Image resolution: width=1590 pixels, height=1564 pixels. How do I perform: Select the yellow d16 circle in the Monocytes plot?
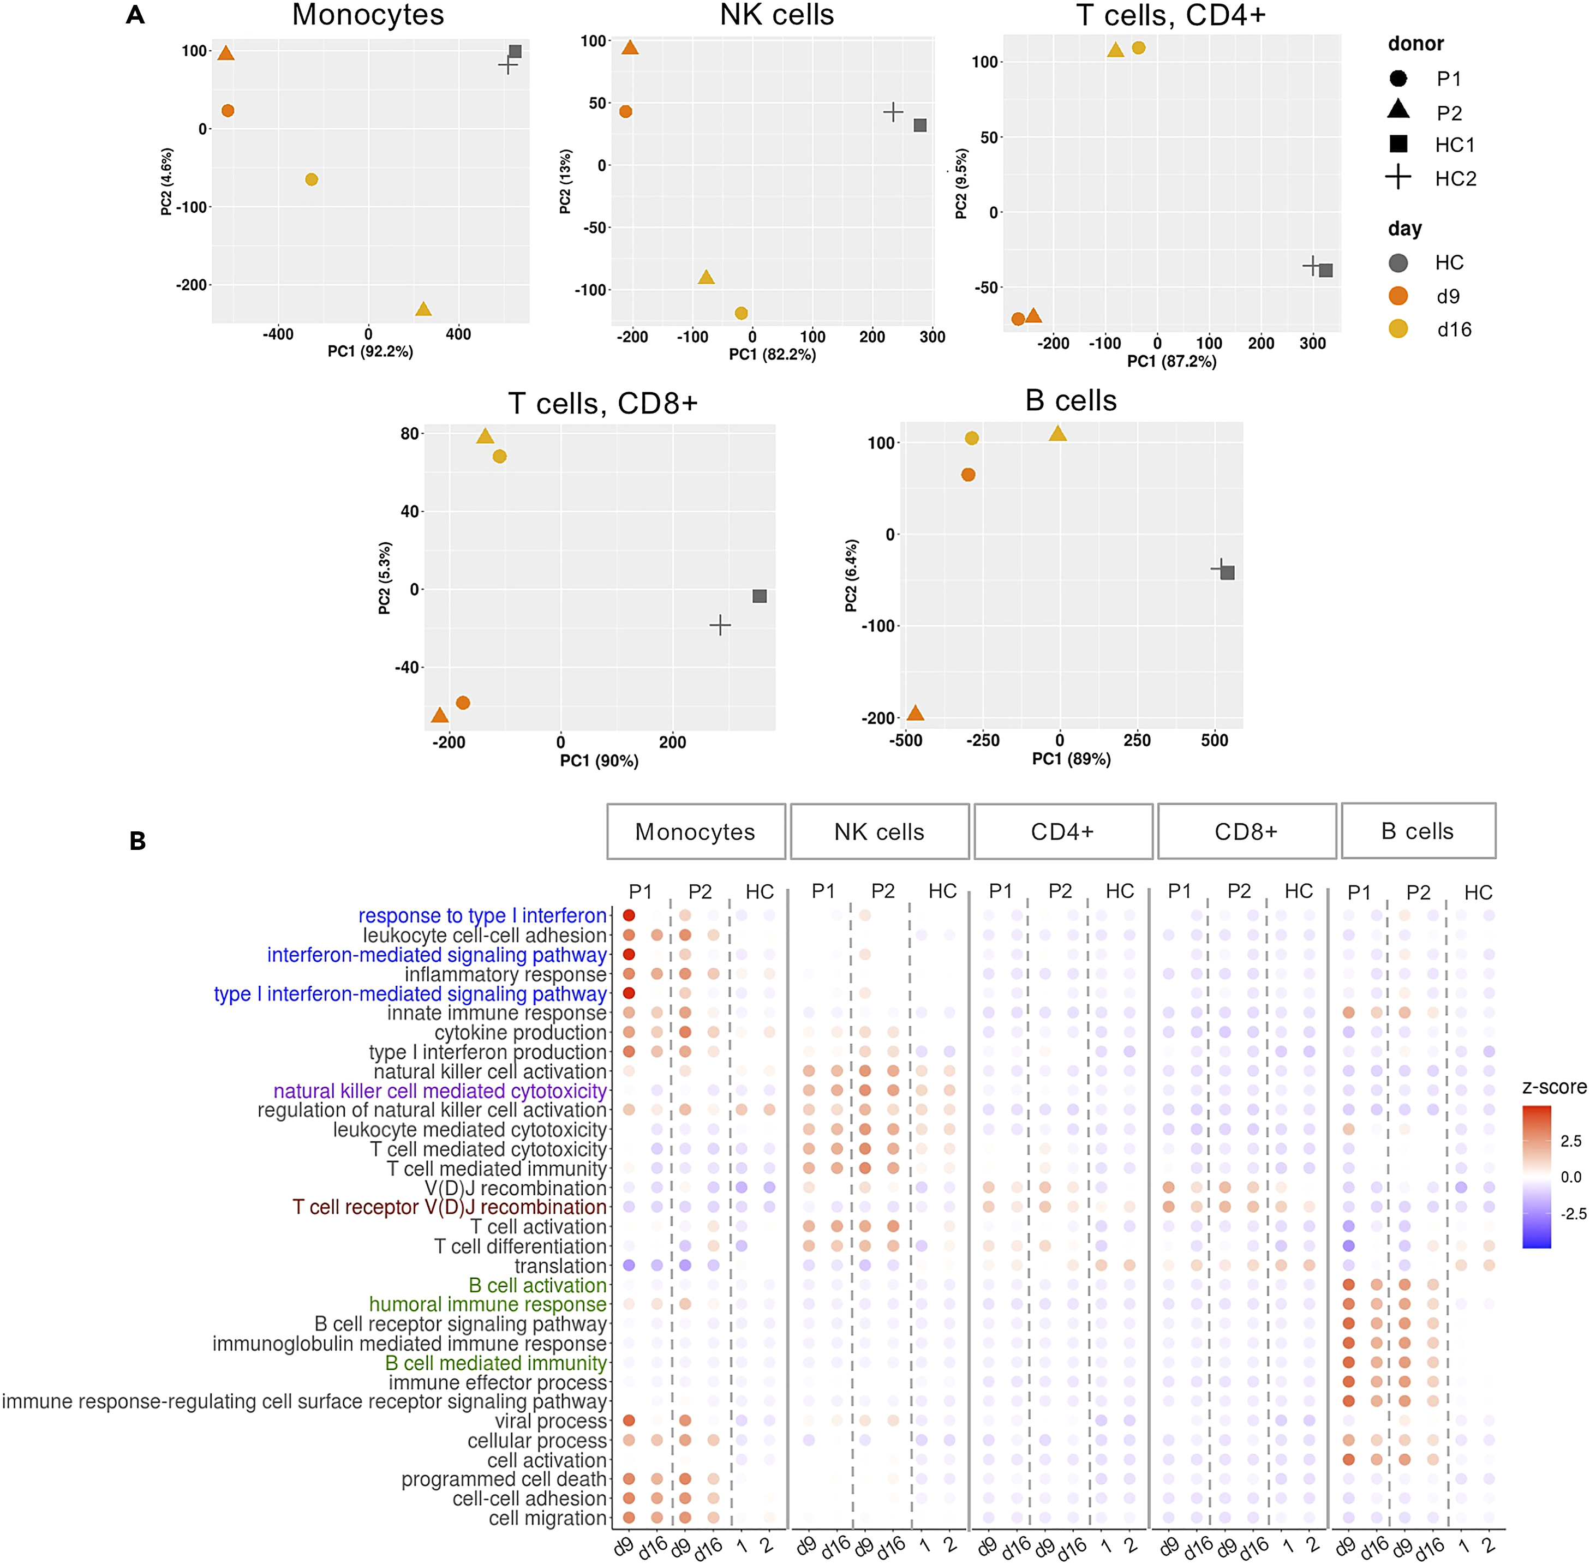[312, 179]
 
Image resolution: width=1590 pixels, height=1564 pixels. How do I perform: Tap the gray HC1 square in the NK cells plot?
[920, 125]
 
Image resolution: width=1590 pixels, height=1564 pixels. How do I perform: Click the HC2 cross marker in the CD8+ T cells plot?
[720, 625]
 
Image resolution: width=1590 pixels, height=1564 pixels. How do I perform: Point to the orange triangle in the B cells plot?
[916, 713]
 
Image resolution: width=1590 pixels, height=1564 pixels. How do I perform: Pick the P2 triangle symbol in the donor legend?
[1398, 109]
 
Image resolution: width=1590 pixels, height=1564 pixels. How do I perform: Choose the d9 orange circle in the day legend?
[1398, 296]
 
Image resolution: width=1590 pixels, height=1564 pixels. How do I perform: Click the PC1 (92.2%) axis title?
[370, 351]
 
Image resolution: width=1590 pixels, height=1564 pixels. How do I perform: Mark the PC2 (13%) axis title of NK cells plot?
[565, 182]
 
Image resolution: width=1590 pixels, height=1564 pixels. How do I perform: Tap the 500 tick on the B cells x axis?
[1215, 740]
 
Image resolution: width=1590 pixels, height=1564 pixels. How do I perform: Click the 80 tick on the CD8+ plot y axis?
[410, 434]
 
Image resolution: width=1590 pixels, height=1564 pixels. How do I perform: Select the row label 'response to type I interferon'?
[482, 915]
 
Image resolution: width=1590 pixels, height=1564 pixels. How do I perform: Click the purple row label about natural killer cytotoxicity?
[440, 1091]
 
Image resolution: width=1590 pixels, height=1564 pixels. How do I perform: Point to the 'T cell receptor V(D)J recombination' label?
[450, 1207]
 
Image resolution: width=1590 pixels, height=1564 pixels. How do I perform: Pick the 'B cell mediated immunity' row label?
[495, 1363]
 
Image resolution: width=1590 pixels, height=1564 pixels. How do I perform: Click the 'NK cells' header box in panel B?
[878, 831]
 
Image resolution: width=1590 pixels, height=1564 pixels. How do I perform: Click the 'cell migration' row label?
[547, 1518]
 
